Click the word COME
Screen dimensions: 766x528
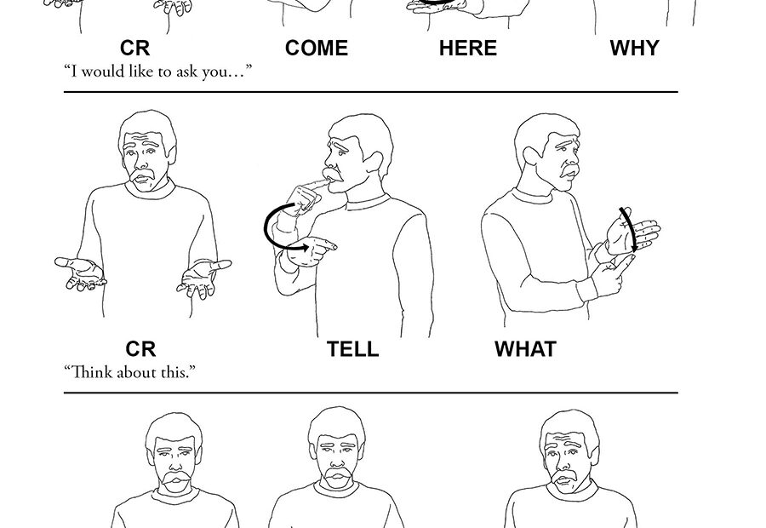pos(316,49)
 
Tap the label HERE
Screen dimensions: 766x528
pos(467,49)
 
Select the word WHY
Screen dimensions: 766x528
pos(634,49)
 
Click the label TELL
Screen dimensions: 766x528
pos(352,349)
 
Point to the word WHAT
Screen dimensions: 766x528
pos(525,349)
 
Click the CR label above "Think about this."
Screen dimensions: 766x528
pos(140,349)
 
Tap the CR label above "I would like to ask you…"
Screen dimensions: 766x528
pos(134,49)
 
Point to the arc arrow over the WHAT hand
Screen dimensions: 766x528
pos(630,228)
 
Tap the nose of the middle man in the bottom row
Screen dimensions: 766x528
pos(338,459)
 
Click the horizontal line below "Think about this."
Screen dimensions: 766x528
pos(371,392)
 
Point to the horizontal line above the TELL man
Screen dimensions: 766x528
pos(371,91)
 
